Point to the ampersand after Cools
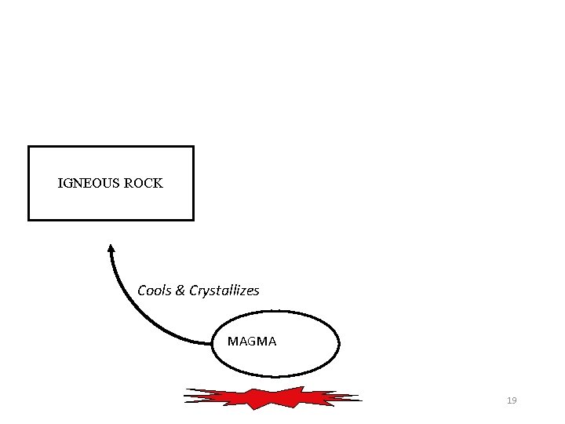pyautogui.click(x=180, y=291)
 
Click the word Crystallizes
pyautogui.click(x=224, y=291)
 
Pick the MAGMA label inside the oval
pyautogui.click(x=251, y=342)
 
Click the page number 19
pyautogui.click(x=512, y=400)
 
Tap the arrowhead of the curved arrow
pyautogui.click(x=111, y=249)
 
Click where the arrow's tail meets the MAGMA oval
pyautogui.click(x=213, y=343)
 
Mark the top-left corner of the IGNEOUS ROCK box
pyautogui.click(x=29, y=147)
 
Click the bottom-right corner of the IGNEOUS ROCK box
pyautogui.click(x=193, y=219)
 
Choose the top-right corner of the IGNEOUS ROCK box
pyautogui.click(x=193, y=147)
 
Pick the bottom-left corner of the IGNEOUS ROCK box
pyautogui.click(x=29, y=219)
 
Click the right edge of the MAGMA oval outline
pyautogui.click(x=339, y=343)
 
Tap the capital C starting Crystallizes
pyautogui.click(x=193, y=291)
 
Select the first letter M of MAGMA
pyautogui.click(x=231, y=342)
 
